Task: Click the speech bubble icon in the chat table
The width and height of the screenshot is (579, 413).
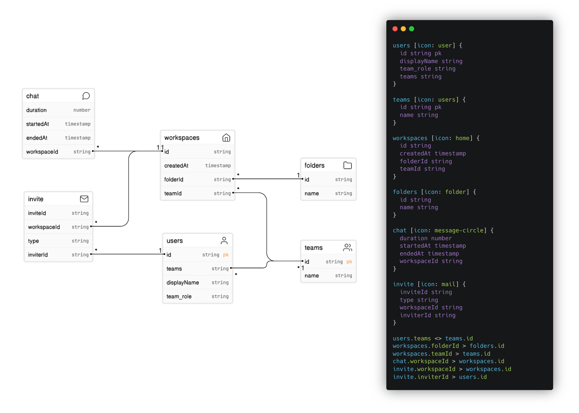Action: [x=86, y=96]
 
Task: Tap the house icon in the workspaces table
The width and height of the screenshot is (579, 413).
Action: [x=226, y=138]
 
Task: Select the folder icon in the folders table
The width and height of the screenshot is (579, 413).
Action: [x=347, y=165]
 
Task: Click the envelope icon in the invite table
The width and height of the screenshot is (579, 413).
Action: [x=84, y=199]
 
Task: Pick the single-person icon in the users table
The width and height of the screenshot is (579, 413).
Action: [x=224, y=240]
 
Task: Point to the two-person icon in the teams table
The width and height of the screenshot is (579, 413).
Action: [x=347, y=248]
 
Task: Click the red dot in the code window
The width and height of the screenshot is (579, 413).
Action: [x=395, y=29]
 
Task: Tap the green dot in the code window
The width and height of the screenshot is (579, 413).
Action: [x=411, y=29]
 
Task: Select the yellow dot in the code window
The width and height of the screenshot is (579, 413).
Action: [x=403, y=29]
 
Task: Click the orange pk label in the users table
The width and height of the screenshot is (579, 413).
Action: [x=226, y=255]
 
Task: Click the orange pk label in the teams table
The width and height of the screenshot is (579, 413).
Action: [x=349, y=262]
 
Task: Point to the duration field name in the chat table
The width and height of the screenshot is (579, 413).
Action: [x=37, y=110]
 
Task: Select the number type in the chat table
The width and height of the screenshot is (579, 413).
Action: [x=82, y=110]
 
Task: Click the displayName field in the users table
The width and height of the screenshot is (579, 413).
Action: [x=183, y=282]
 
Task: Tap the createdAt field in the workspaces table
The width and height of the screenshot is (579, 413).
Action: [x=176, y=165]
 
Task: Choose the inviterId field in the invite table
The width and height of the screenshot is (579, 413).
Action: [x=38, y=255]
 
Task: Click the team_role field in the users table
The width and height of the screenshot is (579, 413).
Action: [x=179, y=296]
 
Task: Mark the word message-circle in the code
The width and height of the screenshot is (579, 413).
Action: [x=459, y=231]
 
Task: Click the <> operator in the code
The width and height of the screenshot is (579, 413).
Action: [x=438, y=338]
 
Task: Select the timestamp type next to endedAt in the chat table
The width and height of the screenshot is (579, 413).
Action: [x=77, y=138]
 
